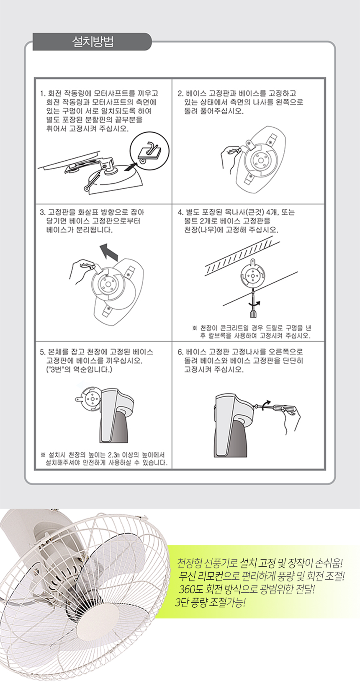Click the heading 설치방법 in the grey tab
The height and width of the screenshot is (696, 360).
(93, 41)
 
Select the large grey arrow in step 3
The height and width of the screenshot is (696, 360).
(109, 251)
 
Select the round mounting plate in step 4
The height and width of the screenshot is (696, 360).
(253, 275)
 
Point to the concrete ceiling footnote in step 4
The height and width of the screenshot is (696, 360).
(252, 331)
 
